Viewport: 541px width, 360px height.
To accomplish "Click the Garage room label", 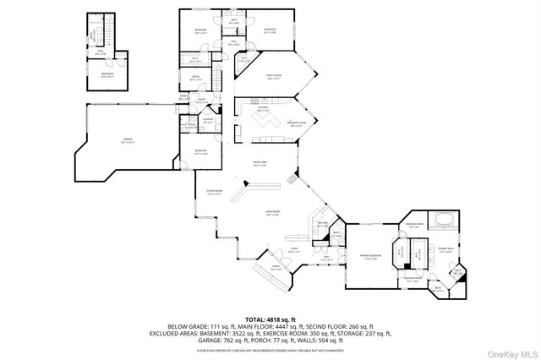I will pos(128,141).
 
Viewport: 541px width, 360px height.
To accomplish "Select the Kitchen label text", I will pos(263,109).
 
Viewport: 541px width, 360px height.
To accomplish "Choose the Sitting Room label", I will pos(214,193).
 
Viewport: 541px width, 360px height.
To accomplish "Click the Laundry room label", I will pos(208,121).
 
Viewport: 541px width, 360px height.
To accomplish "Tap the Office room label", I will pos(195,78).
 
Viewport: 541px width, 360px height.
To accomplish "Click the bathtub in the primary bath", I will pos(444,222).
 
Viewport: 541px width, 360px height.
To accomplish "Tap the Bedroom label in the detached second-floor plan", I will pos(107,74).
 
